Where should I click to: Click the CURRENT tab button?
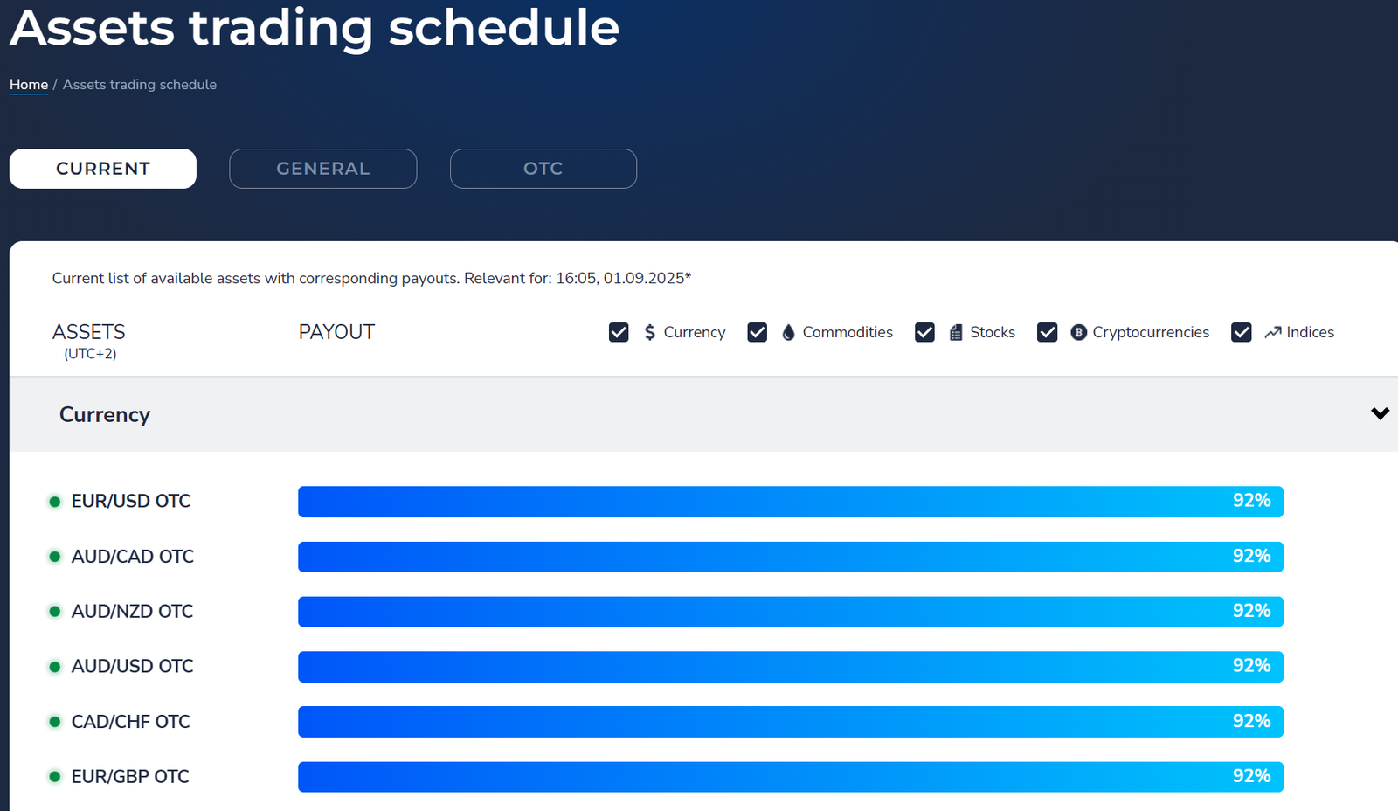tap(103, 169)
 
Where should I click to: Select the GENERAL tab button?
tap(323, 169)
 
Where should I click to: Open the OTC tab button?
tap(543, 169)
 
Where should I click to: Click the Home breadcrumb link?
tap(29, 84)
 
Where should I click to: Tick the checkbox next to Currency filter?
tap(619, 332)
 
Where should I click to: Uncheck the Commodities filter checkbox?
tap(757, 332)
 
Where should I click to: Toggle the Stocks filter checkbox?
tap(924, 332)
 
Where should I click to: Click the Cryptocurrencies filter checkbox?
tap(1047, 332)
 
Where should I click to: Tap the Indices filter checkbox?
tap(1242, 332)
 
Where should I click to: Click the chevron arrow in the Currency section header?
tap(1380, 413)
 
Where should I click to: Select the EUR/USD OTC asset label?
tap(130, 502)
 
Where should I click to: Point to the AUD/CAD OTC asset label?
tap(132, 557)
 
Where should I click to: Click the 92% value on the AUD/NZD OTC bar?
tap(1251, 611)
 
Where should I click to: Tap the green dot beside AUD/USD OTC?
tap(55, 667)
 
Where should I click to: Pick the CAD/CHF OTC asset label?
tap(130, 722)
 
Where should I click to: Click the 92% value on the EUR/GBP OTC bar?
tap(1251, 776)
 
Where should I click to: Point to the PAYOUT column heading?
tap(336, 332)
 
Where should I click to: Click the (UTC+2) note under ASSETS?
tap(90, 354)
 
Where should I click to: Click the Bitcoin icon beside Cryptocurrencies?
tap(1078, 332)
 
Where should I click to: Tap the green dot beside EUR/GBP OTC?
tap(55, 777)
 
